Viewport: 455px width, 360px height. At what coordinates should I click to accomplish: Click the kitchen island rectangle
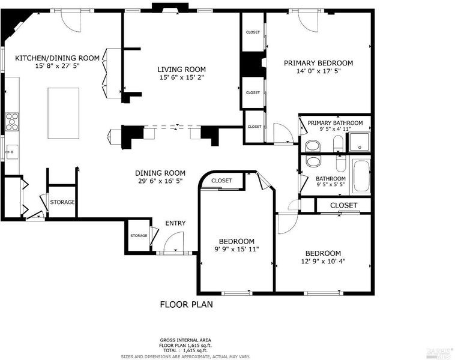pos(64,113)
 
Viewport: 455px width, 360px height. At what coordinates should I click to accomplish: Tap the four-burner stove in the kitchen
pos(12,122)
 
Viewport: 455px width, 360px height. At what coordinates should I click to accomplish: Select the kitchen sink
pos(11,152)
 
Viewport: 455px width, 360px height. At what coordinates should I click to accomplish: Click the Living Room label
pos(182,70)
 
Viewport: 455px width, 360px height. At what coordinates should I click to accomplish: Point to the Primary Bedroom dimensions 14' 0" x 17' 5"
pos(318,71)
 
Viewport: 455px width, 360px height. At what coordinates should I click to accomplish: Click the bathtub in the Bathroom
pos(361,176)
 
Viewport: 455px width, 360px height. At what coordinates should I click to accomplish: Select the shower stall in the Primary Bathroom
pos(360,142)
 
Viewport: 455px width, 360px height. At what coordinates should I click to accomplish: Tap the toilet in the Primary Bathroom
pos(338,143)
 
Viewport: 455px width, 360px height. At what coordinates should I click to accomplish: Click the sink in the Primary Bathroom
pos(313,146)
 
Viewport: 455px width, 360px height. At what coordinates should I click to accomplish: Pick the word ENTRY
pos(175,223)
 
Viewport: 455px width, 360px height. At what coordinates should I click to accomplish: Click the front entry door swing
pos(174,242)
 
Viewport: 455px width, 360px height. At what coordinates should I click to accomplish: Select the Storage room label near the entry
pos(139,236)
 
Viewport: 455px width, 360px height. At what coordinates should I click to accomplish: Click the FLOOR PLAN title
pos(186,304)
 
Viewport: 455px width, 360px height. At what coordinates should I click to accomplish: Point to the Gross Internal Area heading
pos(185,340)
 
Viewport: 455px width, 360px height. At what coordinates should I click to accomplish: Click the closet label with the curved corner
pos(221,181)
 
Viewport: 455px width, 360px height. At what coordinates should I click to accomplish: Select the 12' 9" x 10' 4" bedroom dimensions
pos(324,261)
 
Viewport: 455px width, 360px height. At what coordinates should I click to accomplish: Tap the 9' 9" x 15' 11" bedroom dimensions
pos(237,249)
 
